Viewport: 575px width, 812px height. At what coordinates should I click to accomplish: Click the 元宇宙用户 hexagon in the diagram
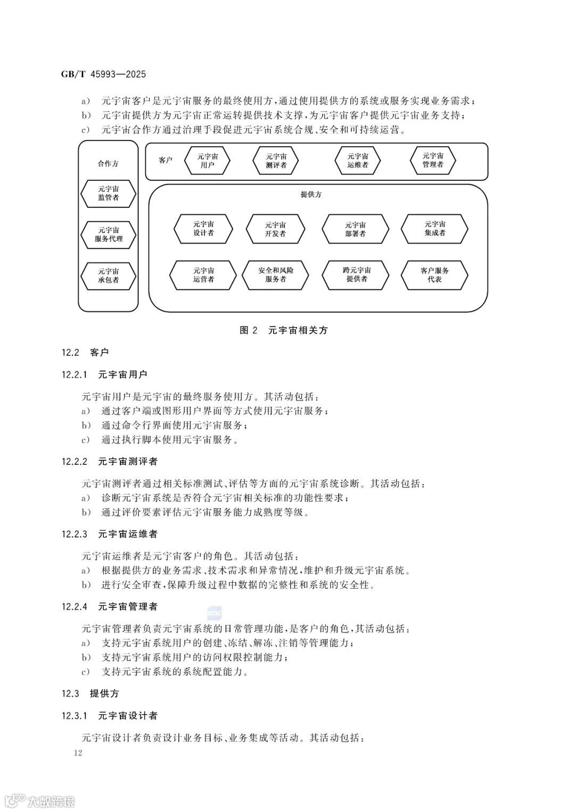tap(208, 161)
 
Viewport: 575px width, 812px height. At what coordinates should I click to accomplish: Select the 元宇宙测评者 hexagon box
tap(276, 161)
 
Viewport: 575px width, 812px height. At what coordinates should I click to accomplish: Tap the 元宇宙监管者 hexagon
tap(108, 194)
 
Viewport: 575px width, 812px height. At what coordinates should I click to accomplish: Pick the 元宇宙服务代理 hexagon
tap(108, 235)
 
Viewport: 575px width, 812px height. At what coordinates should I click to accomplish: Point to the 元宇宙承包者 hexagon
tap(108, 275)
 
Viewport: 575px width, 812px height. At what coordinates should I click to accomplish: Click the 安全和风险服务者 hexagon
tap(276, 275)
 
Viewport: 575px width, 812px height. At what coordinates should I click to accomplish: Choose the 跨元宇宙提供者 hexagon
tap(356, 275)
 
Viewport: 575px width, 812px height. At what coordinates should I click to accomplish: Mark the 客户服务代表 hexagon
tap(434, 275)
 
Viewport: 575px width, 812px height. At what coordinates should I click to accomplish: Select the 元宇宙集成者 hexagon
tap(434, 229)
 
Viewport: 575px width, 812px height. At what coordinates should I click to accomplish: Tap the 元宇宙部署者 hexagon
tap(356, 229)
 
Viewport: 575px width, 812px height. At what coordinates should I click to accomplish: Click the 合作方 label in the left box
tap(108, 164)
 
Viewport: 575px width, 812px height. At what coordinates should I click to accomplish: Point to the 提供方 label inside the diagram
tap(311, 195)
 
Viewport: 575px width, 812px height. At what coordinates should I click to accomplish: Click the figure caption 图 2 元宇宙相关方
tap(284, 330)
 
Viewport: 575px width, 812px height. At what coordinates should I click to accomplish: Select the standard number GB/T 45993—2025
tap(103, 74)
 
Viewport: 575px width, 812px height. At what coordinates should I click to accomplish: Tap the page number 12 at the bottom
tap(78, 752)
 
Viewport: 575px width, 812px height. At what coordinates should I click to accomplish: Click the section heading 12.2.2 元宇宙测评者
tap(110, 462)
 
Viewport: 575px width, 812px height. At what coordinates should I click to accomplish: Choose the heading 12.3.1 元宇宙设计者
tap(110, 716)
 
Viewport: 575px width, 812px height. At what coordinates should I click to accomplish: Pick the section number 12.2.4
tap(75, 607)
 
